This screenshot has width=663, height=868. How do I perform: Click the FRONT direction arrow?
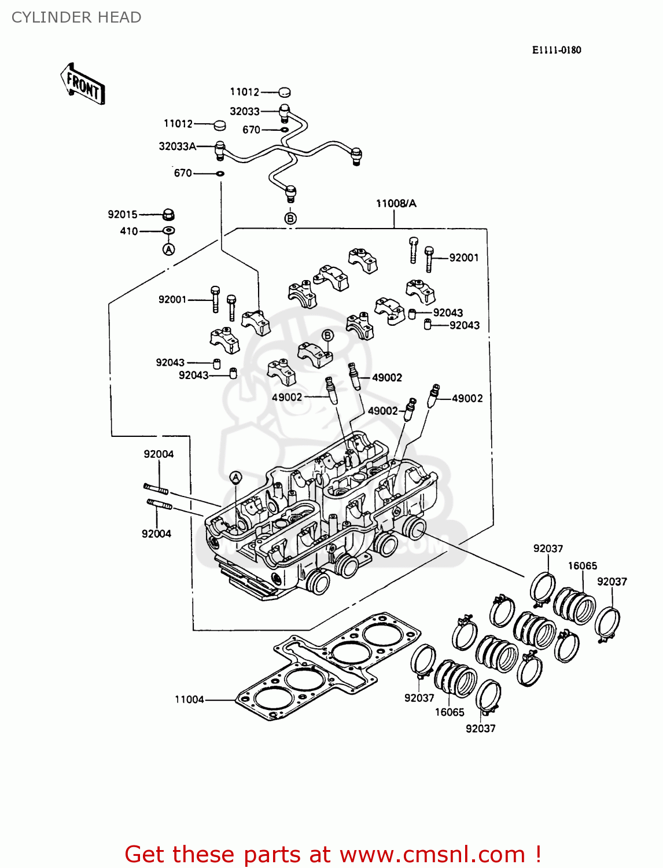(x=83, y=84)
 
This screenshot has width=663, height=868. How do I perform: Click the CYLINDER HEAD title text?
(x=76, y=17)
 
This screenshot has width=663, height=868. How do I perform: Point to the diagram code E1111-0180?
(x=557, y=50)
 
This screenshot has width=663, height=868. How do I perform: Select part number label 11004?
(x=189, y=700)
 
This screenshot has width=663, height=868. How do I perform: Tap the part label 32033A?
(x=177, y=146)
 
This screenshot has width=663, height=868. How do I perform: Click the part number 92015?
(x=123, y=214)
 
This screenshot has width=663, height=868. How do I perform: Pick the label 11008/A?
(x=396, y=203)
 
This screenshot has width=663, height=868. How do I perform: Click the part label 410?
(x=128, y=231)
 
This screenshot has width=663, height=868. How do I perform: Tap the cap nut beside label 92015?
(x=168, y=214)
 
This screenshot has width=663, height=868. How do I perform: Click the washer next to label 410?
(x=169, y=230)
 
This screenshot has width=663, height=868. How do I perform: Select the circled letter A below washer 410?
(x=168, y=249)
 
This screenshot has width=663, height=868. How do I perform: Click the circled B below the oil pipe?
(x=290, y=218)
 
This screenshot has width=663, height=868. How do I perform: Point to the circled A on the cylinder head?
(x=235, y=477)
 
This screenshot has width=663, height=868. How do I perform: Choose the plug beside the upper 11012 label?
(x=284, y=91)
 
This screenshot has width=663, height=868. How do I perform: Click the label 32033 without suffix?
(x=244, y=111)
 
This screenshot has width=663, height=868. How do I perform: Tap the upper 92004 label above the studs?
(x=159, y=454)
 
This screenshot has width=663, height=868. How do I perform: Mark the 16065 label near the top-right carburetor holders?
(x=582, y=566)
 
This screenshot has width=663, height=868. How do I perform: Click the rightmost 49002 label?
(x=467, y=398)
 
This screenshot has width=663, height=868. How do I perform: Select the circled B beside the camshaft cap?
(x=327, y=336)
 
